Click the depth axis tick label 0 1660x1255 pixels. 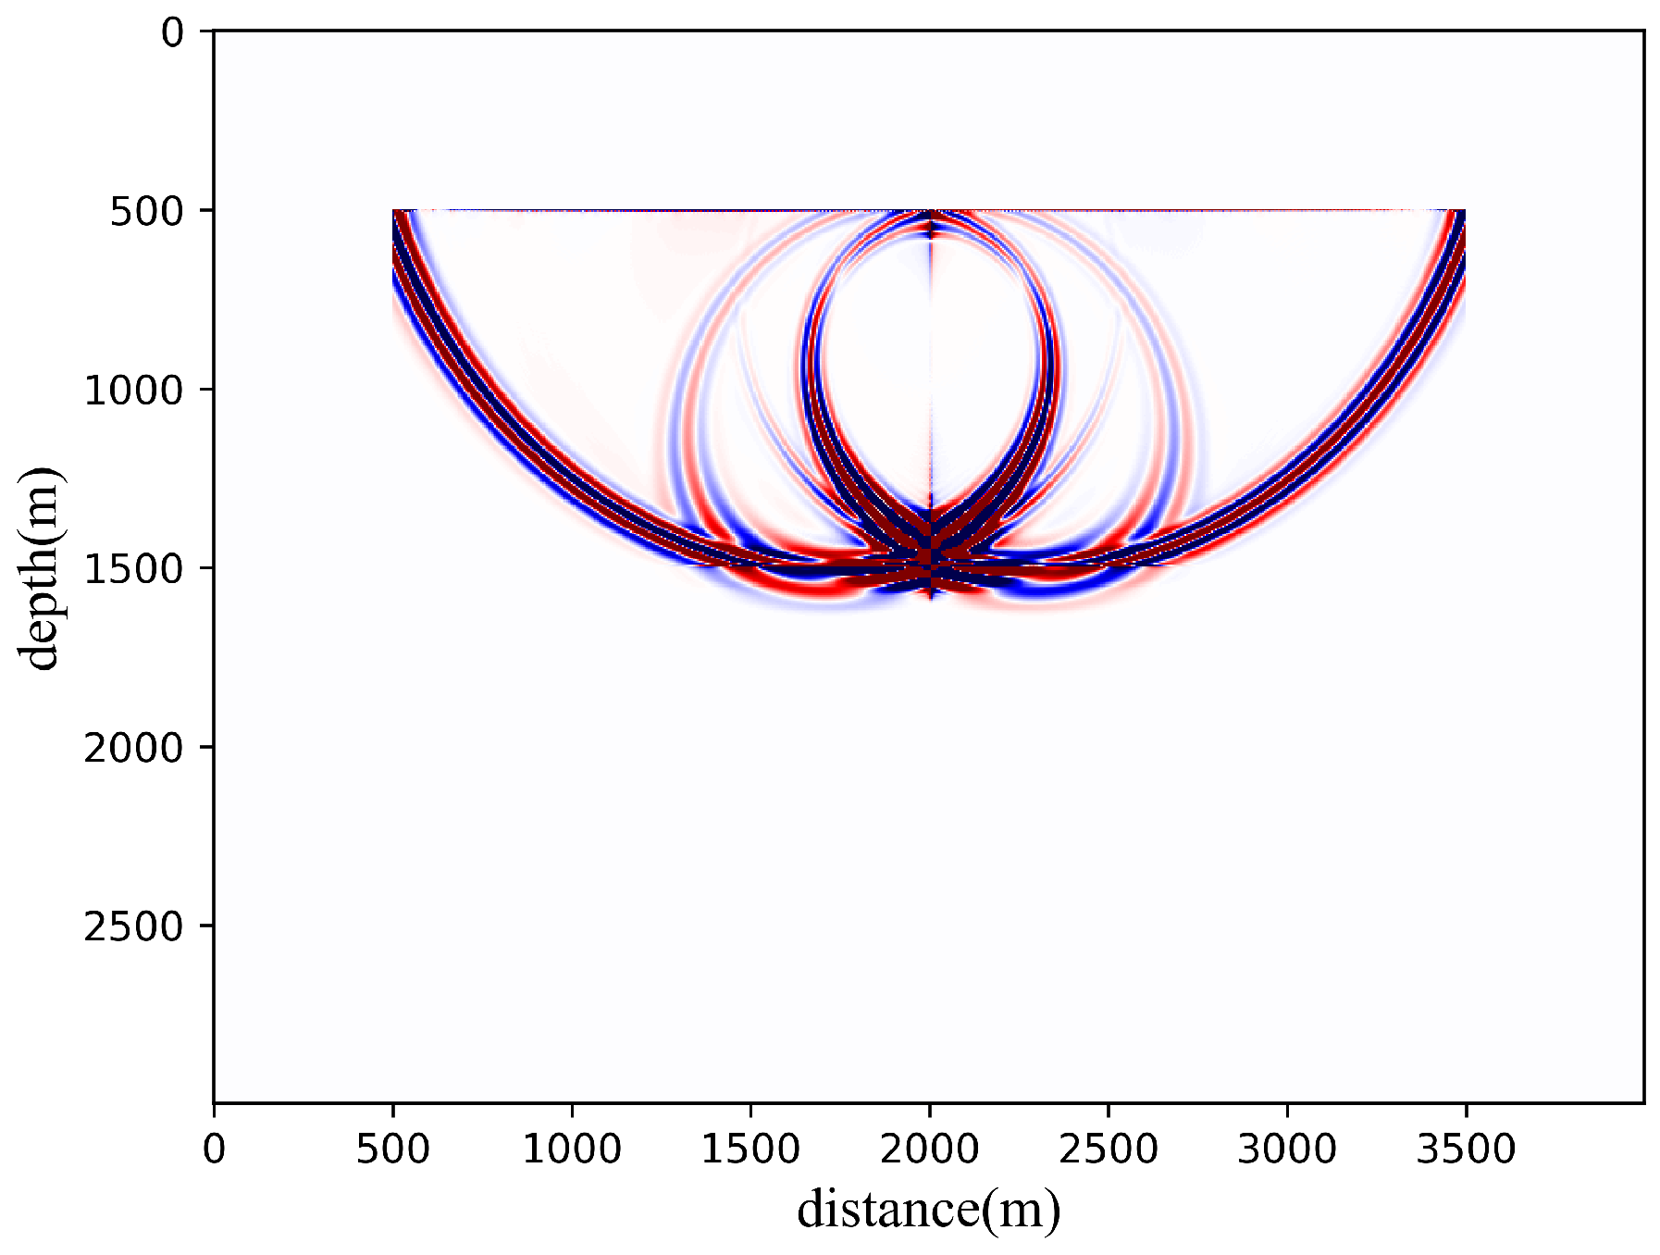[173, 33]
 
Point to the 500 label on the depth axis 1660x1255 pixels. [148, 212]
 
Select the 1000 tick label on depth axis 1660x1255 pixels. [135, 391]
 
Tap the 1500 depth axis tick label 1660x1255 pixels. [135, 569]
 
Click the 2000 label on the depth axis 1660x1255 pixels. [135, 748]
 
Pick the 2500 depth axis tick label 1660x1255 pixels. [135, 926]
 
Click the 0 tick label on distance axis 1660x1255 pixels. [215, 1149]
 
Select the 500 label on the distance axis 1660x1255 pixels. [393, 1149]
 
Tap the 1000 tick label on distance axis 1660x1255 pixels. [572, 1149]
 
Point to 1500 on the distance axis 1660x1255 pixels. [750, 1149]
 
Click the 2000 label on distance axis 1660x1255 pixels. [929, 1149]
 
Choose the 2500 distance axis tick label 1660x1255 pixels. [1109, 1149]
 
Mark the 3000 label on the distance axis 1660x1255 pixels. [1287, 1149]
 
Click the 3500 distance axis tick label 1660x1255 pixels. [1466, 1149]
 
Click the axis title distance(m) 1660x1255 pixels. [929, 1210]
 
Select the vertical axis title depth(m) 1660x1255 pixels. [41, 567]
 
